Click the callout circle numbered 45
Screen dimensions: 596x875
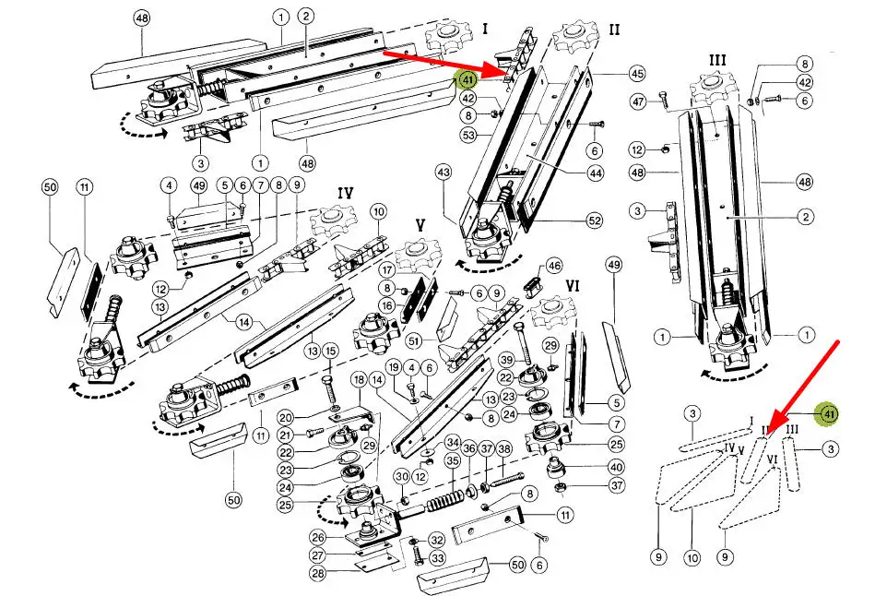pos(636,73)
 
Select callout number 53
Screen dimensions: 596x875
pos(468,136)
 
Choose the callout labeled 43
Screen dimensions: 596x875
pos(443,172)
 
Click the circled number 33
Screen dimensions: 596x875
pos(436,558)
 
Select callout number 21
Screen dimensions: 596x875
pos(286,435)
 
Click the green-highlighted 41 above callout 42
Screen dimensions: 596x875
pos(467,79)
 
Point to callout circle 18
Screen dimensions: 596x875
pos(360,380)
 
